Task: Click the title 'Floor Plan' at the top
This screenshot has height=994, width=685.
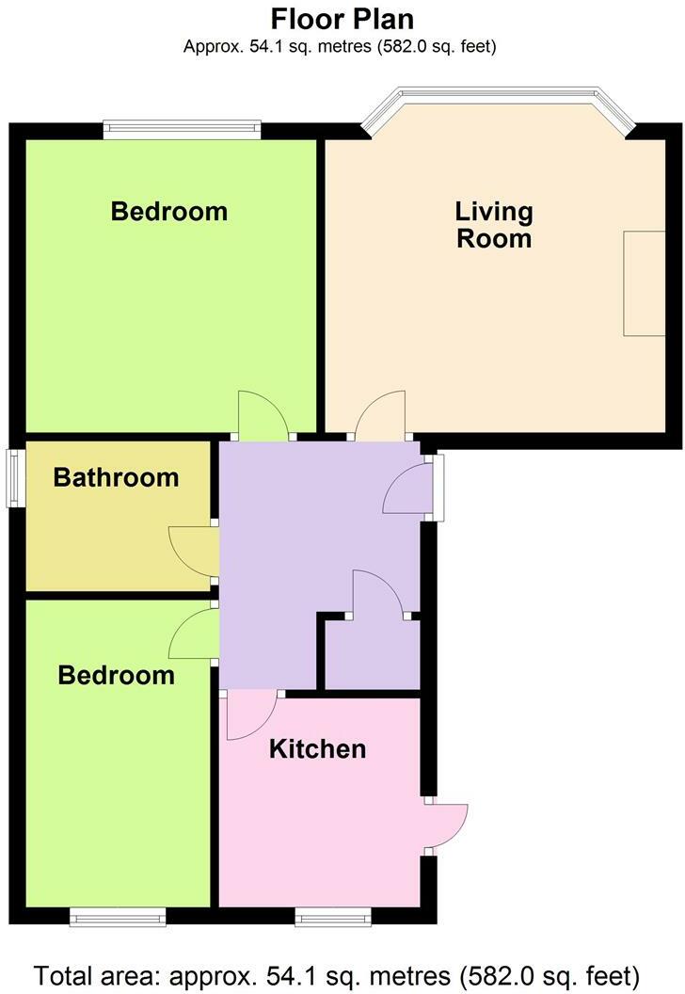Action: (342, 19)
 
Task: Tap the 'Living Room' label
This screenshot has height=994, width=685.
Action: (494, 225)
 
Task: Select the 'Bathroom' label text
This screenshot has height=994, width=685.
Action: (116, 477)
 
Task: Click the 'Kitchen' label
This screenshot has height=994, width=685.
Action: (317, 749)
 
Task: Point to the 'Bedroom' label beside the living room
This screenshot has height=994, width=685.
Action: (169, 211)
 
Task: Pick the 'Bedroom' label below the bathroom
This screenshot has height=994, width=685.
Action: (116, 675)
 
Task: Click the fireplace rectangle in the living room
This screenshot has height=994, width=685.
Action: (644, 282)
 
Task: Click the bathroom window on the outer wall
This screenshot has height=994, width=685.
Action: (16, 478)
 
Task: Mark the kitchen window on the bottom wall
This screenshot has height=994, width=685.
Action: (333, 915)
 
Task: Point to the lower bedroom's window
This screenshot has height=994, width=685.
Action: (119, 915)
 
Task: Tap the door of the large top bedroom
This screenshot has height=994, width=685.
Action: (264, 417)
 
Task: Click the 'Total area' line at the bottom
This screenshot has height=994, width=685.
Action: (342, 972)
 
